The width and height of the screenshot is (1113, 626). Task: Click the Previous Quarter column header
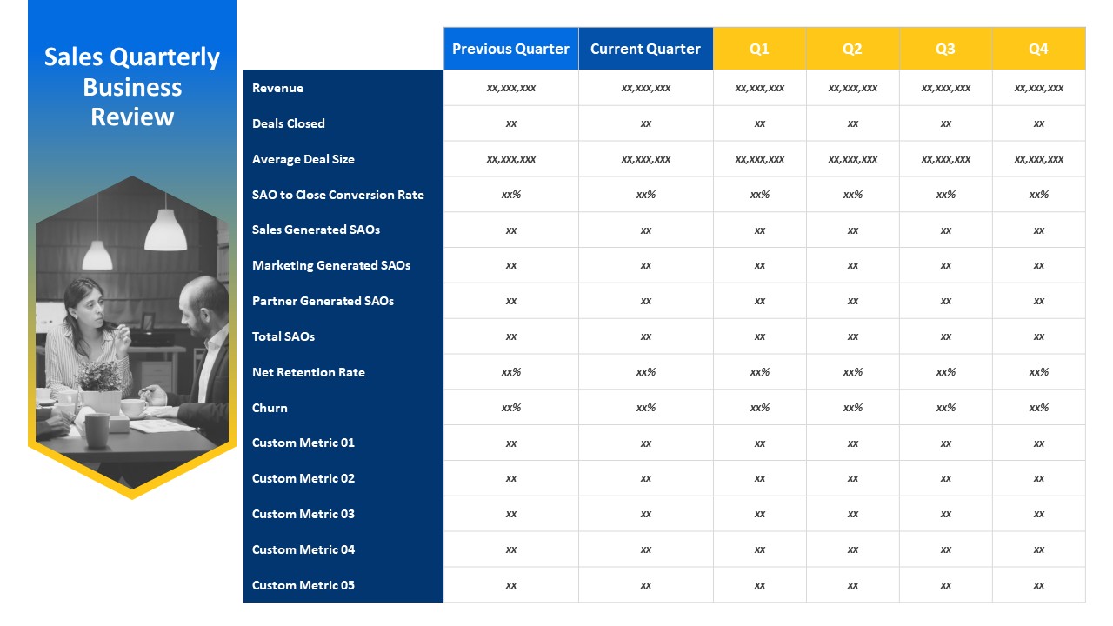tap(510, 49)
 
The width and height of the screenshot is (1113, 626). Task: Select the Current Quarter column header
tap(645, 49)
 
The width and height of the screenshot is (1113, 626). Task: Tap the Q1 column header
tap(759, 49)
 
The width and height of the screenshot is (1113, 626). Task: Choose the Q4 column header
tap(1038, 49)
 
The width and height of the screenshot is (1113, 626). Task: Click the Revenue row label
tap(277, 88)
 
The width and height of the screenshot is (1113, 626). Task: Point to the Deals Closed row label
tap(288, 123)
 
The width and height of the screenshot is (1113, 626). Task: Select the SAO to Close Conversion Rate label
tap(337, 195)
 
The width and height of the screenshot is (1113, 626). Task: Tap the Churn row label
tap(270, 408)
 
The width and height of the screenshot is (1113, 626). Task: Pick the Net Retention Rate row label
tap(308, 372)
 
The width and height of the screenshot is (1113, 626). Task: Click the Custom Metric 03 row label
tap(303, 514)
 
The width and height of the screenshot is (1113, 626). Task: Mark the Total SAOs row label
tap(283, 336)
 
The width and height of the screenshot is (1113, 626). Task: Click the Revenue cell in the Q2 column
tap(852, 88)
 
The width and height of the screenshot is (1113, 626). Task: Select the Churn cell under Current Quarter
tap(645, 408)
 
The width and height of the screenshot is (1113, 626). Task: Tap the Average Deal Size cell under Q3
tap(945, 159)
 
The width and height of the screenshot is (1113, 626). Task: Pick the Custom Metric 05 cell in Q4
tap(1038, 585)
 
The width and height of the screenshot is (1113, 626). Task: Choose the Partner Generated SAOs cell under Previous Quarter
tap(510, 301)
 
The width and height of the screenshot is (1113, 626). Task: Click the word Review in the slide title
tap(132, 117)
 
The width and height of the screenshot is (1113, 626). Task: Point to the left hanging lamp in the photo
tap(97, 253)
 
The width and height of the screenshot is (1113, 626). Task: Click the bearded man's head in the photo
tap(207, 302)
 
